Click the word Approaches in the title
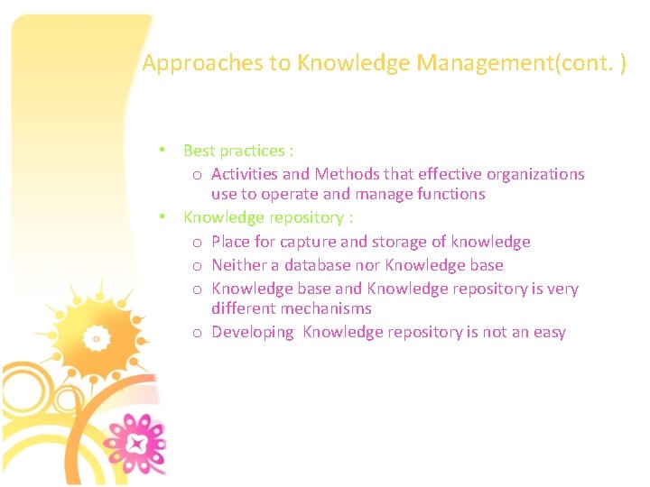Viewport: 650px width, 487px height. tap(187, 63)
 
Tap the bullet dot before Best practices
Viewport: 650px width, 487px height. tap(161, 149)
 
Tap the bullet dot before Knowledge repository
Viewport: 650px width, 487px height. tap(161, 216)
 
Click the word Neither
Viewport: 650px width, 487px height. tap(239, 265)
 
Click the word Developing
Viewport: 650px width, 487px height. tap(253, 332)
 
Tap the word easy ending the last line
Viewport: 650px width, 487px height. tap(548, 332)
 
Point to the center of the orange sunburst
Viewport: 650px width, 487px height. tap(96, 338)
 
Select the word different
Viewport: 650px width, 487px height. tap(243, 308)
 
